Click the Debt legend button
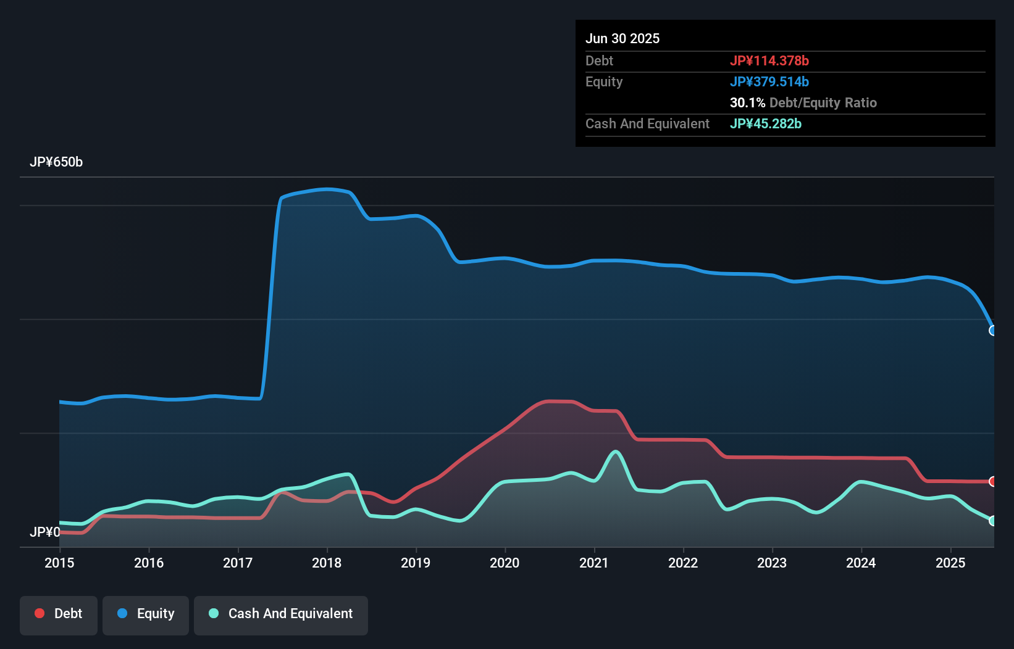59,614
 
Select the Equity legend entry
146,614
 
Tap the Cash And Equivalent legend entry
281,614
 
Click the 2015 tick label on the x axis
59,563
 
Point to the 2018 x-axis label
327,563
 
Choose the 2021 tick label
594,563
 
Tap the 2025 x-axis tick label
950,563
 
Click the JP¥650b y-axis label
56,162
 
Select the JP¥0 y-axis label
45,532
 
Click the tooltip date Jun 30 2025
622,39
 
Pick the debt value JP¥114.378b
769,60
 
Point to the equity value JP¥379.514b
769,81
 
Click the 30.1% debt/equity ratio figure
747,102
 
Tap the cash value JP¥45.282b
765,123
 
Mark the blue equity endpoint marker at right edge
993,331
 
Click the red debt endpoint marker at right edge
993,481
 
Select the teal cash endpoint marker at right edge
993,521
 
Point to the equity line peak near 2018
327,189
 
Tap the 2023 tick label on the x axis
772,563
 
